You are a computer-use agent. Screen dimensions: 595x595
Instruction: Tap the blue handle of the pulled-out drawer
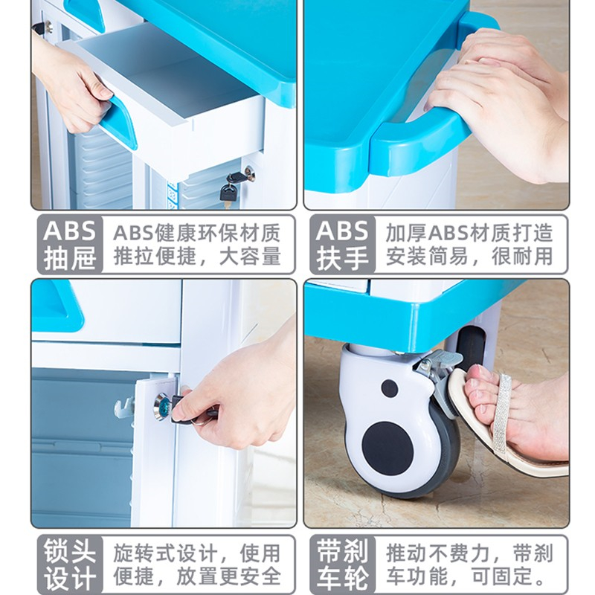(120, 122)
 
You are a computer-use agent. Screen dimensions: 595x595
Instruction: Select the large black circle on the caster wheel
(387, 448)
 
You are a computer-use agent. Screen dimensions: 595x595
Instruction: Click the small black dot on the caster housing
(390, 388)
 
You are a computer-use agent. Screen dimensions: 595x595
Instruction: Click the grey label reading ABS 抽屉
(70, 244)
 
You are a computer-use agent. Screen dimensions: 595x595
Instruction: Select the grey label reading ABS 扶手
(342, 244)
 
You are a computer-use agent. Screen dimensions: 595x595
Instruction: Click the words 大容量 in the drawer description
(250, 257)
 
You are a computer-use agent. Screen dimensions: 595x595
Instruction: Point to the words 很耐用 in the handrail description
(522, 257)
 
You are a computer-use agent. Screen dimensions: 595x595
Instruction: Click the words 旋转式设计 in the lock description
(165, 553)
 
